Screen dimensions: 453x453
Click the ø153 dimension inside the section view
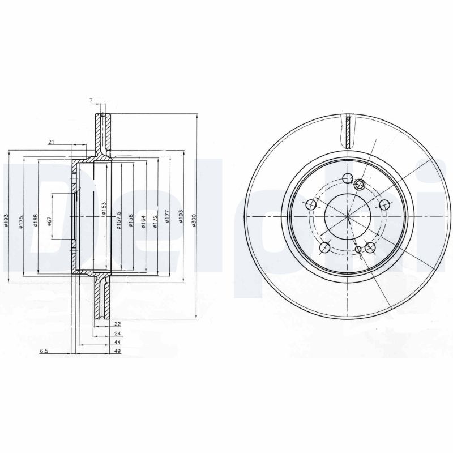(104, 208)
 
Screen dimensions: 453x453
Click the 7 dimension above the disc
(91, 101)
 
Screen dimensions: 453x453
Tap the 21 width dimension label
(51, 142)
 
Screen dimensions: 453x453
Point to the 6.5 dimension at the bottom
(44, 352)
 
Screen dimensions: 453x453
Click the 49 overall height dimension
(118, 352)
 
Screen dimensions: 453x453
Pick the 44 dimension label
(118, 343)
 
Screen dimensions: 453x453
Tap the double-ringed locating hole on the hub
(358, 183)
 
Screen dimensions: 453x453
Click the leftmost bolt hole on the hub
(310, 205)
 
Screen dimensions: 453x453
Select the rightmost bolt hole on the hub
(384, 205)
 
